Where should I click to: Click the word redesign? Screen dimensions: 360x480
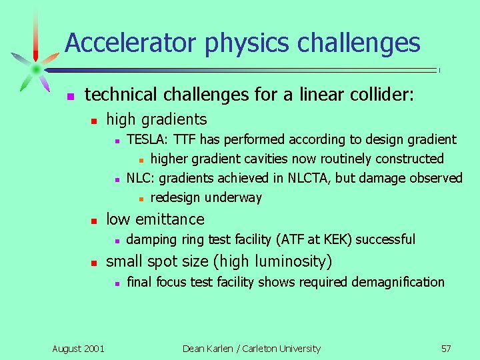click(176, 197)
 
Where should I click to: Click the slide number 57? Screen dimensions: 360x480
click(446, 348)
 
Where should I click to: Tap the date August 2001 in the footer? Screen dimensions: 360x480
click(78, 348)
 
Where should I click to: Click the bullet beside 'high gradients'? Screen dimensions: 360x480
click(95, 121)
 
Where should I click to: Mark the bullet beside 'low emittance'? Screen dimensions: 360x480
click(95, 220)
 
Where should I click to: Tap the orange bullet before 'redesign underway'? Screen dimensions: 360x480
click(141, 198)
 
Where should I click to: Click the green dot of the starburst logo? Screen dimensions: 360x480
click(35, 69)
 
